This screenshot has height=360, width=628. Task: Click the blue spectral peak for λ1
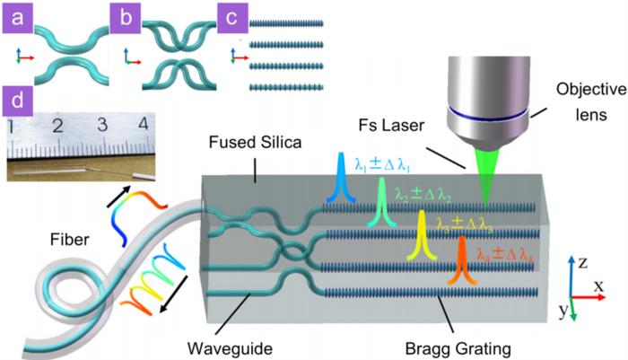click(x=341, y=176)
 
